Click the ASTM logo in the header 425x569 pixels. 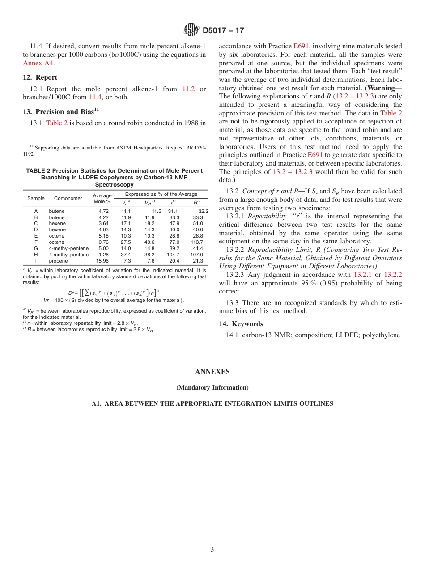coord(191,30)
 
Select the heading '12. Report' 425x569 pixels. coord(40,77)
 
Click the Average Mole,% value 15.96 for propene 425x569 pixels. coord(103,261)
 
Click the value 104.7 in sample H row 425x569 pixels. coord(173,255)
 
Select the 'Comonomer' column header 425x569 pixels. coord(68,198)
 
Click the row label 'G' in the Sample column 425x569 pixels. coord(36,248)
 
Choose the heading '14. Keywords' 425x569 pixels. coord(241,323)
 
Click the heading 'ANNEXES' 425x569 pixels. coord(212,372)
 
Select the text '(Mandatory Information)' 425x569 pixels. coord(212,387)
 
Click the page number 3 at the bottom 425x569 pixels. coord(212,550)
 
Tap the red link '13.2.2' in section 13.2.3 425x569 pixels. coord(393,275)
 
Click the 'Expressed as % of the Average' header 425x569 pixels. coord(161,194)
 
